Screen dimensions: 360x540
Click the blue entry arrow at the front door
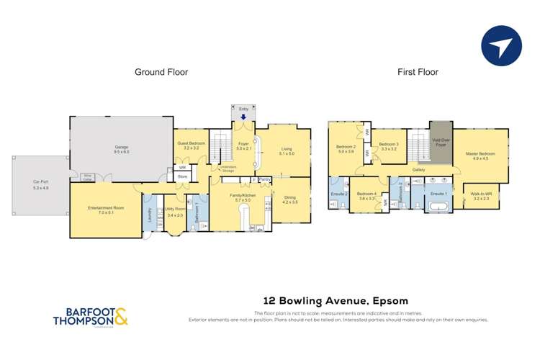(x=243, y=117)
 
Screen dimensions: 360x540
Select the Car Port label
(x=40, y=183)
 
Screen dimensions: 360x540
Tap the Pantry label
(x=264, y=179)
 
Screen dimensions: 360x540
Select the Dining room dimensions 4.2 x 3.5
(x=289, y=203)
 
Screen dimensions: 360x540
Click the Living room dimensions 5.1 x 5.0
(x=286, y=153)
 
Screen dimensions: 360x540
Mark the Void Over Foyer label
(x=441, y=142)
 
